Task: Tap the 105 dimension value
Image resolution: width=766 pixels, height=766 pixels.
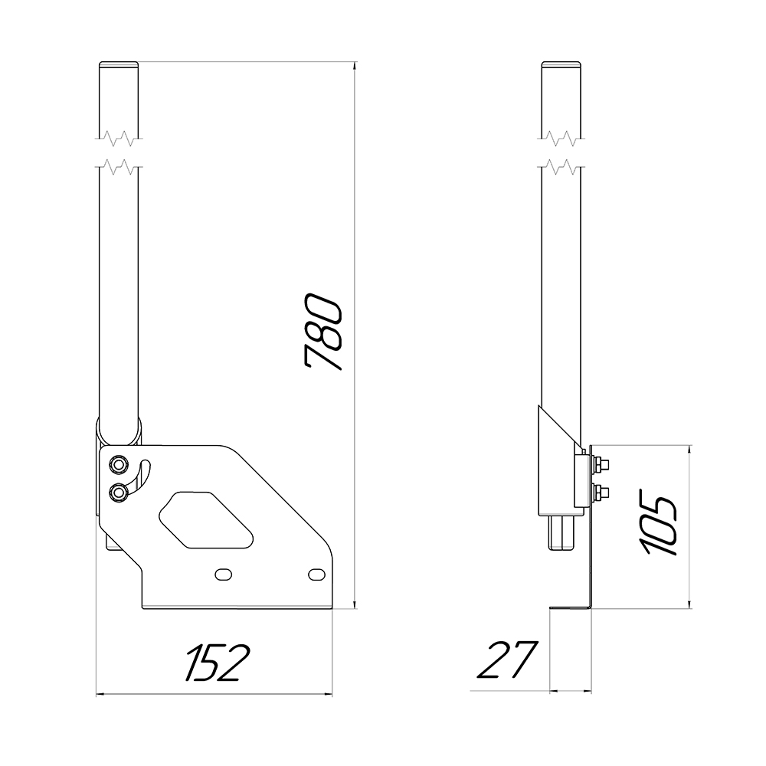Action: (x=659, y=526)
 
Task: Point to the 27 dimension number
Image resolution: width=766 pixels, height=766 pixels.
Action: (x=506, y=660)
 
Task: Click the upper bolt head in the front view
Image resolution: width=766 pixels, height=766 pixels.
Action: (x=119, y=465)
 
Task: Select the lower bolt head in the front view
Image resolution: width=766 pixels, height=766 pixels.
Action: (x=119, y=493)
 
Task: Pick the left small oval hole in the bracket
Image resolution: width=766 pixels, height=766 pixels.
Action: (x=224, y=574)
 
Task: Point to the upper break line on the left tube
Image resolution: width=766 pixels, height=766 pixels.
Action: (x=118, y=139)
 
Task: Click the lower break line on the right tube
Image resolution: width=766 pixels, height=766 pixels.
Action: (x=563, y=165)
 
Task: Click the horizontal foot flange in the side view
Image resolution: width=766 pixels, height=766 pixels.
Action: (x=571, y=609)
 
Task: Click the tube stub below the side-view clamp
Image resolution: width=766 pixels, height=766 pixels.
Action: (x=564, y=532)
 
